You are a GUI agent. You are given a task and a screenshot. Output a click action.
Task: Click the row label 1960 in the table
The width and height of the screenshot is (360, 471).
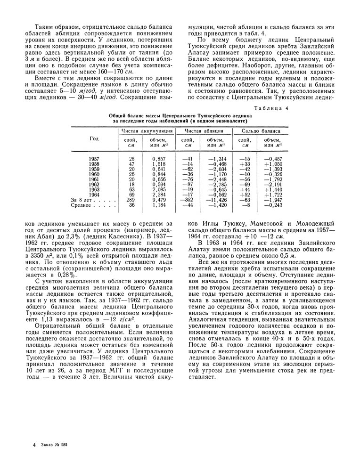(x=94, y=174)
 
